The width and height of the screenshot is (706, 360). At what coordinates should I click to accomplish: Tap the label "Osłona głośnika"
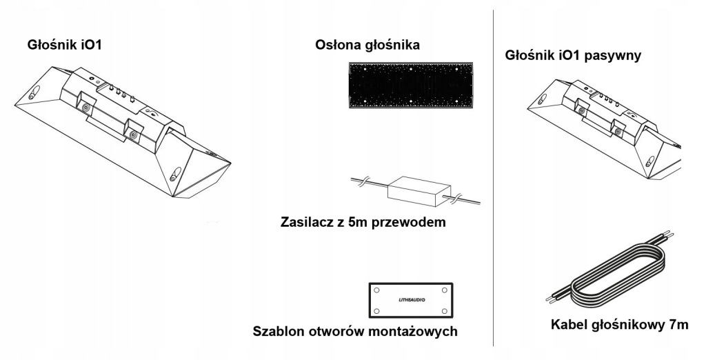click(x=367, y=45)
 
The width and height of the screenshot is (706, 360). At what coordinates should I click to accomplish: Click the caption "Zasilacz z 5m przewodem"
click(x=364, y=223)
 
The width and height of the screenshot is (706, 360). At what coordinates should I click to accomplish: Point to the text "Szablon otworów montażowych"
click(x=356, y=331)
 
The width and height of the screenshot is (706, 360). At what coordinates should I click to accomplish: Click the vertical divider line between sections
click(x=494, y=179)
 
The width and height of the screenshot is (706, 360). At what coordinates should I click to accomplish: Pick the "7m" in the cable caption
click(x=676, y=325)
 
